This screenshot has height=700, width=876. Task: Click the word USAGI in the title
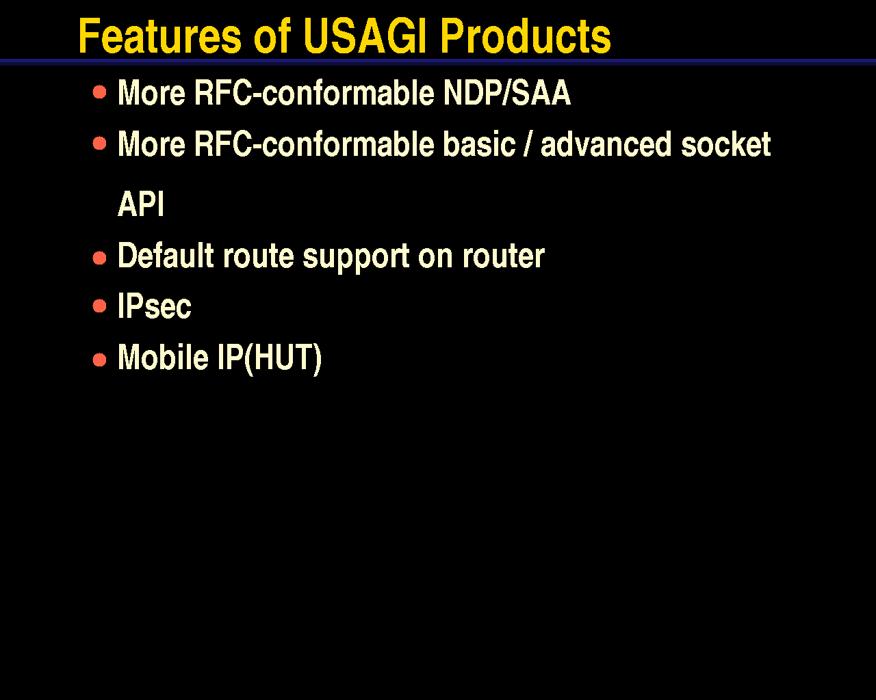[364, 36]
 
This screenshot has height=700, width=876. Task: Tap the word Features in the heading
[160, 36]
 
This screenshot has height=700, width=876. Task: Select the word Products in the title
[526, 36]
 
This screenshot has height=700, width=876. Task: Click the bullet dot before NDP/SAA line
[99, 92]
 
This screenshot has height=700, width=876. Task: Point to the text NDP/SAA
[507, 93]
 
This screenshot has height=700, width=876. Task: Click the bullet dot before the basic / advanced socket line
[99, 143]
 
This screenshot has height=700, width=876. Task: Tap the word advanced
[606, 144]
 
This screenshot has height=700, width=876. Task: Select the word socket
[726, 144]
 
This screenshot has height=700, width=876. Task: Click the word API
[141, 204]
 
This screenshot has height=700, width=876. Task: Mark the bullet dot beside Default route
[99, 258]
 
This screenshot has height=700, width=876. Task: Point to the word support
[356, 257]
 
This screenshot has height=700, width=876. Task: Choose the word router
[504, 256]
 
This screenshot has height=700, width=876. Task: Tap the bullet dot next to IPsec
[99, 306]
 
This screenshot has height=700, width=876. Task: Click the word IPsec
[154, 306]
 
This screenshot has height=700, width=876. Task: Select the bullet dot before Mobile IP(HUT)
[99, 360]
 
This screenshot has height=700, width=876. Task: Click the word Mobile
[163, 357]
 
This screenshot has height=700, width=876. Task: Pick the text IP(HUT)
[270, 358]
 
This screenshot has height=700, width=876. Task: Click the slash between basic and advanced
[528, 144]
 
